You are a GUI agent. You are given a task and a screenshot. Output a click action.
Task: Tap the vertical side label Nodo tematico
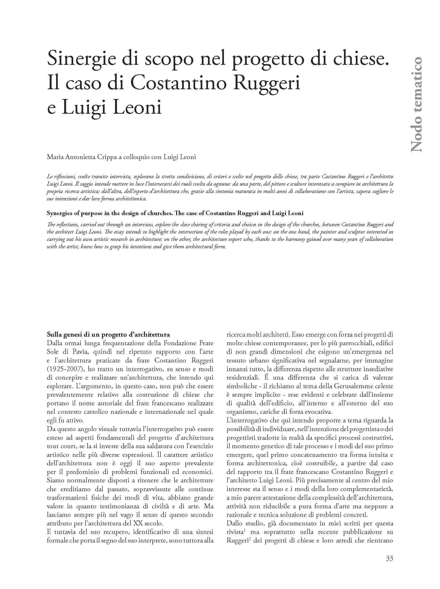tap(416, 104)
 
